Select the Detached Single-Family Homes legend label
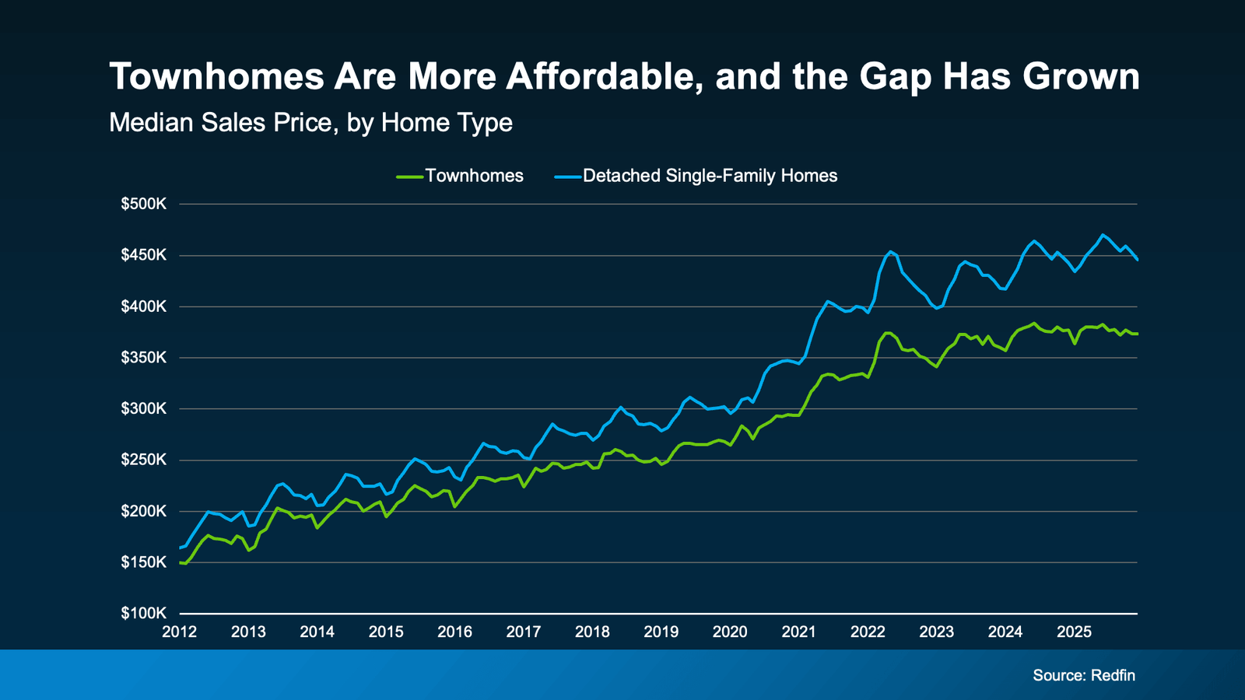point(710,176)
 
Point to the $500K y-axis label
point(144,204)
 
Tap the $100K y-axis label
point(144,614)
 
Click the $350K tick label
point(144,358)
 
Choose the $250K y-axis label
point(144,460)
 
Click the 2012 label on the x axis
point(180,632)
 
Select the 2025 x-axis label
point(1074,632)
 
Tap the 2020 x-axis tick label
point(730,632)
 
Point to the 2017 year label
point(524,632)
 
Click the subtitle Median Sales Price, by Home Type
point(310,123)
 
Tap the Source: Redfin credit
point(1083,675)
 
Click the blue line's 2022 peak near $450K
point(892,251)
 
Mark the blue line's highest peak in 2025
point(1102,234)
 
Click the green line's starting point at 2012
point(181,562)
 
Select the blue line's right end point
point(1137,260)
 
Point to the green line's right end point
point(1137,334)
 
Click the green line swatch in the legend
point(410,177)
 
